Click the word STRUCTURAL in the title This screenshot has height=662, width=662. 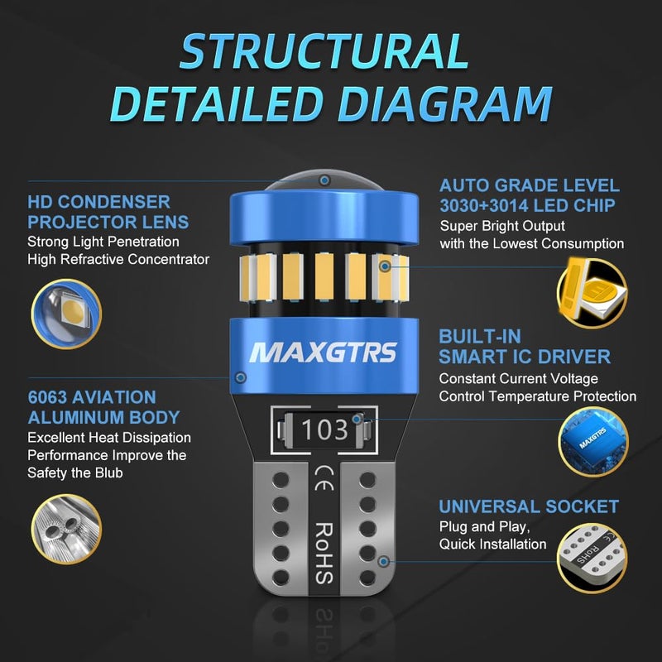[x=324, y=50]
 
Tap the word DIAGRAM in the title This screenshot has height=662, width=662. [x=445, y=104]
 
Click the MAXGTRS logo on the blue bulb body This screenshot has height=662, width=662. [x=324, y=353]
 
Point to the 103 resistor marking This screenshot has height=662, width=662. [x=324, y=429]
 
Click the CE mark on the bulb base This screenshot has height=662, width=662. [x=324, y=478]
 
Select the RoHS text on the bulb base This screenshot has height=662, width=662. [x=324, y=553]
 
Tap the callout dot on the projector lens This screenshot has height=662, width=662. [x=324, y=180]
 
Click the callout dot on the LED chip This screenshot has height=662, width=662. [x=385, y=266]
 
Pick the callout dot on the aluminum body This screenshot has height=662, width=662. [x=241, y=377]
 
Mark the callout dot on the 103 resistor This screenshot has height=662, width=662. [x=357, y=420]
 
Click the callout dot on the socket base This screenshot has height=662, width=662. [x=383, y=562]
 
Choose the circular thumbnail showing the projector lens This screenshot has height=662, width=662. [x=66, y=314]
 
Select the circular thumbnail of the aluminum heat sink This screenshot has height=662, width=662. [x=66, y=529]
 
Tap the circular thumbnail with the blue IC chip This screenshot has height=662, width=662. [x=592, y=442]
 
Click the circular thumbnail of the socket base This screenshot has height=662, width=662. [x=592, y=558]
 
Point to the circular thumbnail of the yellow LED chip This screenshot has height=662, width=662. [x=592, y=293]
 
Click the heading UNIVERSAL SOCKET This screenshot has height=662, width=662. [x=529, y=506]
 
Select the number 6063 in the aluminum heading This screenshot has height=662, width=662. [x=47, y=397]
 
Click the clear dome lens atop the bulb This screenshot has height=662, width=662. [x=324, y=180]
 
